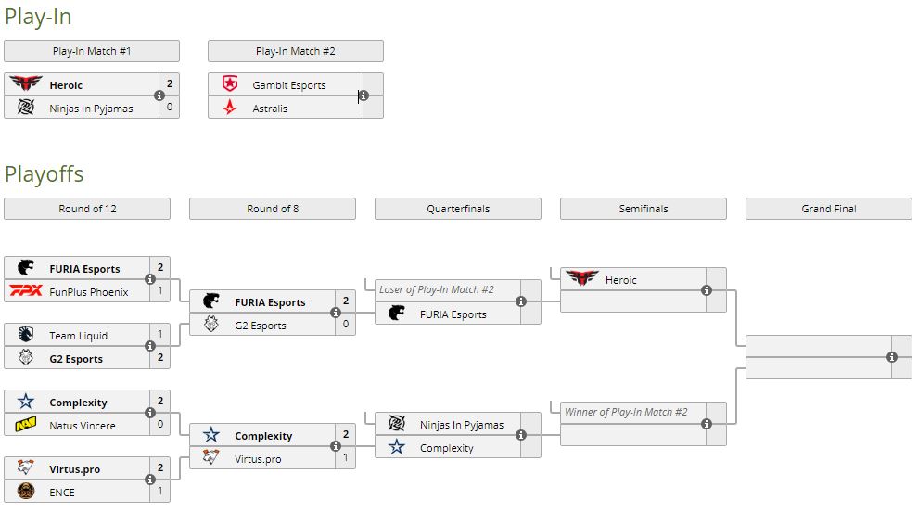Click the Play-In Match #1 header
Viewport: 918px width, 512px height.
point(91,51)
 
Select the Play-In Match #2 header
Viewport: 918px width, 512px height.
point(295,51)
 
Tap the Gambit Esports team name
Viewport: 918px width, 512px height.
point(288,85)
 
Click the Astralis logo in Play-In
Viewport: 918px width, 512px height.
point(230,109)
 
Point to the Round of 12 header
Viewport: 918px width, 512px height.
point(87,209)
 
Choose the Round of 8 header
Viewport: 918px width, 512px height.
point(273,209)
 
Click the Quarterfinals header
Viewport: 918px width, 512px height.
point(458,209)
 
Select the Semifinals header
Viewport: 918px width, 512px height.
point(644,209)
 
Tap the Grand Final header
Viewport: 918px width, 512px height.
point(829,209)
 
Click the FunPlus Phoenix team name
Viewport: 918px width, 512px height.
point(89,292)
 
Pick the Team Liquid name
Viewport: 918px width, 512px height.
point(78,336)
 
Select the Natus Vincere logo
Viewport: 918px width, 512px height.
point(25,426)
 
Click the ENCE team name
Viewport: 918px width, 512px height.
point(62,493)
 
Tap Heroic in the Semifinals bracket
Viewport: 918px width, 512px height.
point(620,280)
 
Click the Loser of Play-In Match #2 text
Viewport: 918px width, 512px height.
point(436,289)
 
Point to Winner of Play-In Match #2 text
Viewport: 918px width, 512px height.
point(626,412)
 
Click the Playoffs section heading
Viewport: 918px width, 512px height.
point(44,174)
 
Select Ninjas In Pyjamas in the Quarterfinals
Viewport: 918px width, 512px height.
point(461,425)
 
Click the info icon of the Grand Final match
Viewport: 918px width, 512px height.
point(892,357)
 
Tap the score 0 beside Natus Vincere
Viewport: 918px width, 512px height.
point(159,426)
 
